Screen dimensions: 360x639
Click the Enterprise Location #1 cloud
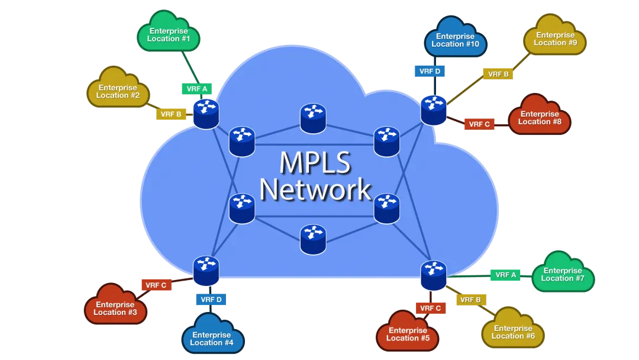point(169,34)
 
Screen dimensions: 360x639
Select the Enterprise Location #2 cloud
point(118,91)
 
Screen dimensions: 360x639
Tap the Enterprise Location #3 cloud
point(115,308)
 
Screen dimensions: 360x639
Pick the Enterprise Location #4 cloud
point(212,338)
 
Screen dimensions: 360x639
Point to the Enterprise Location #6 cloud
point(513,332)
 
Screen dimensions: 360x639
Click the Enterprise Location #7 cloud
point(563,274)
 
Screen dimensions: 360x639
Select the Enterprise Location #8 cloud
point(539,117)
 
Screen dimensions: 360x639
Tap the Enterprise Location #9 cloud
point(555,38)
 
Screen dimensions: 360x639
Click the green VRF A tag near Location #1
point(197,89)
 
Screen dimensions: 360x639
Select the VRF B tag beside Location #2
point(171,114)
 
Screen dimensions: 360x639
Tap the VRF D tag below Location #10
point(430,71)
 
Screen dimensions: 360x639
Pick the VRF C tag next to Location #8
point(479,124)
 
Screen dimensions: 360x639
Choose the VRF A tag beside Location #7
point(505,275)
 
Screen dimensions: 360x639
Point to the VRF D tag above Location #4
point(211,300)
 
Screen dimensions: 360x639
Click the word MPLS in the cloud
point(315,163)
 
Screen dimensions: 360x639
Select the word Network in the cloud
point(315,189)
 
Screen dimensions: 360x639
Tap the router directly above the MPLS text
point(312,118)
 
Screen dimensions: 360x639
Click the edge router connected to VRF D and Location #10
point(433,110)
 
